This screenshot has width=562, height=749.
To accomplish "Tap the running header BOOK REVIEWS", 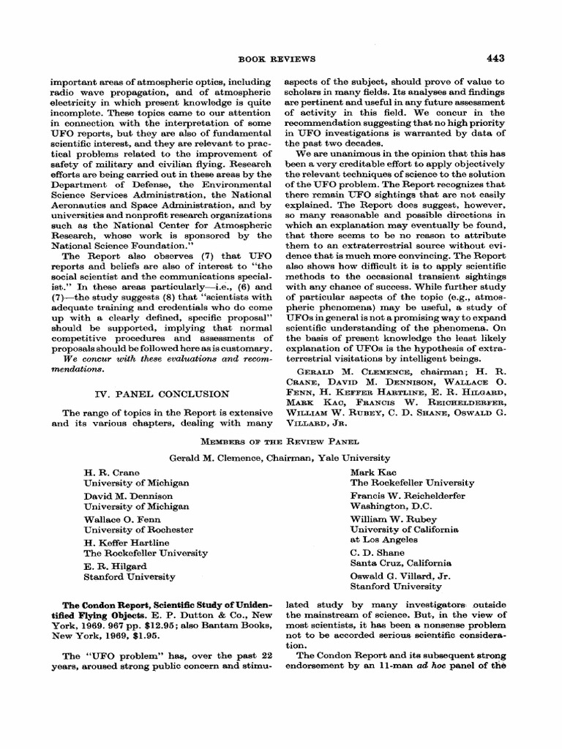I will click(x=281, y=58).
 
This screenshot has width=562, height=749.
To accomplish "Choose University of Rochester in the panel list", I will click(x=138, y=530).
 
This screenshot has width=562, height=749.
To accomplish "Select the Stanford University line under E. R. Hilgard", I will click(x=130, y=576).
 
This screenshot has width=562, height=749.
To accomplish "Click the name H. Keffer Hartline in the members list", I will click(x=126, y=542).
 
